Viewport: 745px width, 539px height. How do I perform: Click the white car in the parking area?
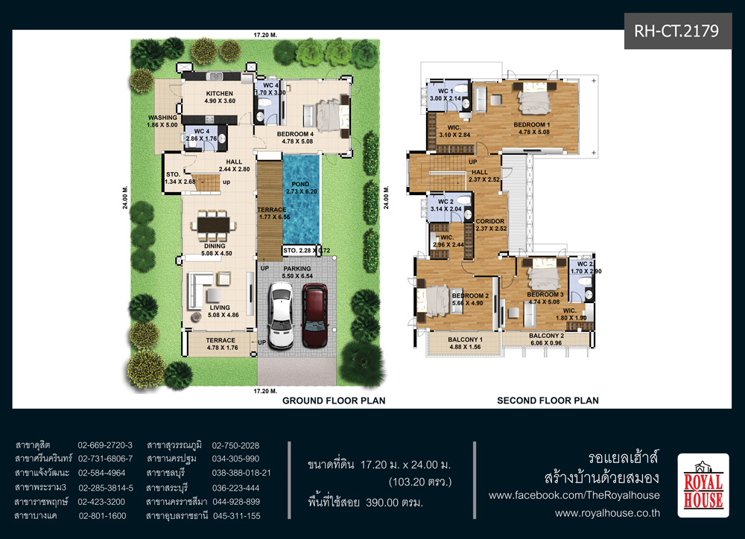[x=281, y=316]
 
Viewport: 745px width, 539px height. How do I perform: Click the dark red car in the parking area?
[x=315, y=316]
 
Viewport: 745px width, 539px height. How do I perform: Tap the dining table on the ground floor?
[x=213, y=224]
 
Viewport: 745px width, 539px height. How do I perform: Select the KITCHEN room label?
[x=220, y=94]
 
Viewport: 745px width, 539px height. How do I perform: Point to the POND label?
[x=300, y=184]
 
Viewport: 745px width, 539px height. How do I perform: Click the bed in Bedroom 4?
[x=329, y=116]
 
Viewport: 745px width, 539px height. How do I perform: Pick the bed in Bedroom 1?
[x=534, y=99]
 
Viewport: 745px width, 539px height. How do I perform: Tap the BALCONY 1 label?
[x=465, y=339]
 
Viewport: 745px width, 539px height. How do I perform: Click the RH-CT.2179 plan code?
[x=676, y=31]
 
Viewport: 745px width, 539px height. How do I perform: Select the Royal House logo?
[x=703, y=485]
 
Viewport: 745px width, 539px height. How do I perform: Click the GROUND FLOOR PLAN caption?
[x=334, y=401]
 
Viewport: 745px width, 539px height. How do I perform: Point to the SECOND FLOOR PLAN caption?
[x=548, y=401]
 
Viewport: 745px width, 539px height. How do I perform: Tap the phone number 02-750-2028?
[x=235, y=445]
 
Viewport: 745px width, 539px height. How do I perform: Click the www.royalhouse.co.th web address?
[x=607, y=513]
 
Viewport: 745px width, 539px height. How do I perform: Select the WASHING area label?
[x=162, y=118]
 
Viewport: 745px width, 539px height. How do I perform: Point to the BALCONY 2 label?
[x=546, y=336]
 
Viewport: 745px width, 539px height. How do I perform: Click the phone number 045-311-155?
[x=237, y=516]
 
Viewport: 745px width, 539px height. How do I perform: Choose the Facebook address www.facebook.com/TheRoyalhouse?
[x=574, y=495]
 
